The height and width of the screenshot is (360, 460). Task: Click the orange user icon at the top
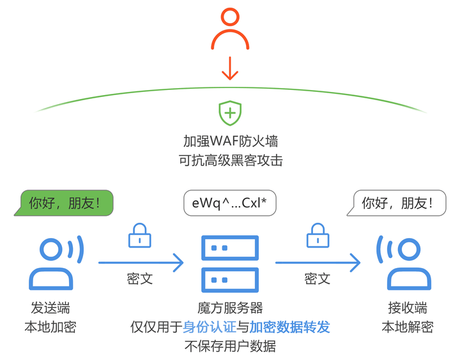[230, 30]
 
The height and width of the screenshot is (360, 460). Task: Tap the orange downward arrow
[230, 69]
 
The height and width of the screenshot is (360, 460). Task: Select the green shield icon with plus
[230, 113]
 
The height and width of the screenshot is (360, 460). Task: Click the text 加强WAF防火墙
[230, 140]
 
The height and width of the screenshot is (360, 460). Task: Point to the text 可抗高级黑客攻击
[230, 160]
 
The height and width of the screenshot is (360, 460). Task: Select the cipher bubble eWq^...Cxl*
[230, 204]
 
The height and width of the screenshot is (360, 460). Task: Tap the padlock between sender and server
[140, 236]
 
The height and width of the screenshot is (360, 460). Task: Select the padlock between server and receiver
[318, 236]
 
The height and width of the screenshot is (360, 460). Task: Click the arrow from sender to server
[141, 262]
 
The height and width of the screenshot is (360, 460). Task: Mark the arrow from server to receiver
[318, 262]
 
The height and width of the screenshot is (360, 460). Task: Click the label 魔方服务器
[230, 308]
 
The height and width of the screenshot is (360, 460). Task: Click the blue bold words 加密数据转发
[289, 327]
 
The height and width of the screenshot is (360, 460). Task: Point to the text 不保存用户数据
[230, 347]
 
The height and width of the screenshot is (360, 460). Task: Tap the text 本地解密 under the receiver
[407, 327]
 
